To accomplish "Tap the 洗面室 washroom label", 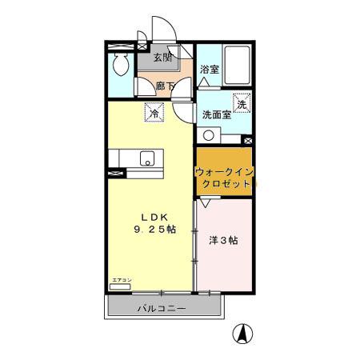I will tap(216, 115).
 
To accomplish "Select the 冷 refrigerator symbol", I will tap(154, 114).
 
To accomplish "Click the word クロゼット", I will tap(225, 183).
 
